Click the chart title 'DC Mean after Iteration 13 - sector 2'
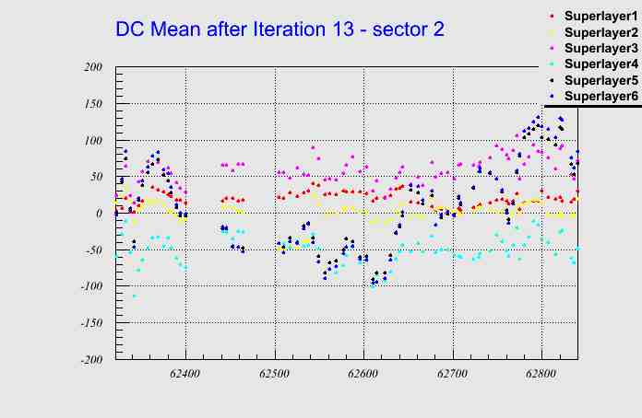pyautogui.click(x=279, y=29)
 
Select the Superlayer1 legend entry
pyautogui.click(x=600, y=17)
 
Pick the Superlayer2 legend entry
pyautogui.click(x=600, y=32)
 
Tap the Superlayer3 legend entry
pyautogui.click(x=600, y=48)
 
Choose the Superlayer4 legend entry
pyautogui.click(x=600, y=64)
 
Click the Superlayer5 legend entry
pyautogui.click(x=600, y=80)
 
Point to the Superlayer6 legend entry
pyautogui.click(x=600, y=96)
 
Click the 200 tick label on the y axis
pyautogui.click(x=92, y=67)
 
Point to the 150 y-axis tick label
pyautogui.click(x=92, y=104)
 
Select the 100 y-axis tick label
pyautogui.click(x=92, y=141)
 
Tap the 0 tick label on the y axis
pyautogui.click(x=100, y=214)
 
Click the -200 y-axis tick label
pyautogui.click(x=89, y=360)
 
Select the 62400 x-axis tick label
pyautogui.click(x=186, y=375)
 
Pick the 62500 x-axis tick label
pyautogui.click(x=275, y=375)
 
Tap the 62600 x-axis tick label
pyautogui.click(x=363, y=375)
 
